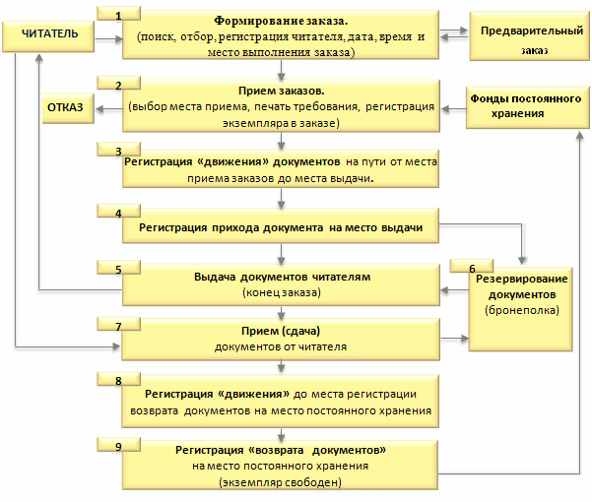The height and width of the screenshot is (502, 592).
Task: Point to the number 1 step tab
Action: click(x=119, y=16)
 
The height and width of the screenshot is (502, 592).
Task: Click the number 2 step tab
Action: click(x=119, y=86)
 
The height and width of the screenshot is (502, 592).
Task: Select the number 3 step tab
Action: click(x=119, y=151)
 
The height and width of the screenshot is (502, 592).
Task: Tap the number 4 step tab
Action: click(x=119, y=213)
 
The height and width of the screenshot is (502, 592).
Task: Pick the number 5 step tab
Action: click(x=119, y=269)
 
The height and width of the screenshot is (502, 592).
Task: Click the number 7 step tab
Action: click(x=119, y=324)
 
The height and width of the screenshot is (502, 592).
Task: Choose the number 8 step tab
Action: click(x=119, y=380)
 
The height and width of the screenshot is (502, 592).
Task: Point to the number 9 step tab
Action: click(x=119, y=446)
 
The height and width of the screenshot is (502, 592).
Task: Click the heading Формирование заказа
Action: click(x=281, y=21)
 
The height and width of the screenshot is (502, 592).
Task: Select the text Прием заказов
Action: click(x=281, y=92)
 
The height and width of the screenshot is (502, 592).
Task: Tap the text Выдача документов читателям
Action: click(x=281, y=277)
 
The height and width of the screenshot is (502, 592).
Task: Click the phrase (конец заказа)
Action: click(x=281, y=292)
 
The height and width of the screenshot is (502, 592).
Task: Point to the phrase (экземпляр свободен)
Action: click(x=281, y=482)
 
